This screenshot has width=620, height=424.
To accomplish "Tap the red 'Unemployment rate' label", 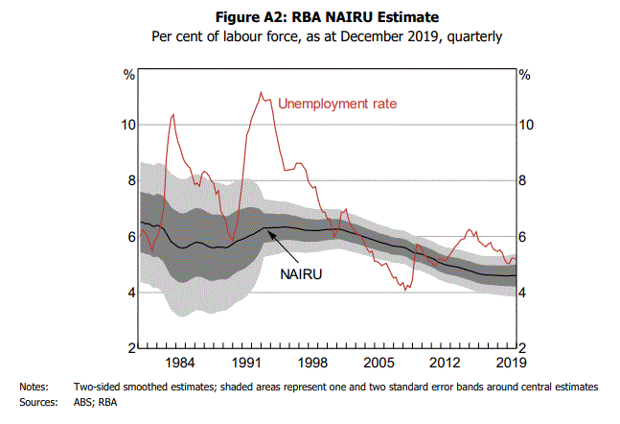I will tap(337, 103).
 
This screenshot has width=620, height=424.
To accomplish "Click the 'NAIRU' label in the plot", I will tap(300, 273).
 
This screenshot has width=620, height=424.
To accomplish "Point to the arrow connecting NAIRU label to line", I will tap(286, 248).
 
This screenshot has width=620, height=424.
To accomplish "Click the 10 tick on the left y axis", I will tap(127, 125).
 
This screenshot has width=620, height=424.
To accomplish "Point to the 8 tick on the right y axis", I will tap(524, 180).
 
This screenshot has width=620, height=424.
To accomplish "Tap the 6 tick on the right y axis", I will tap(524, 237).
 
